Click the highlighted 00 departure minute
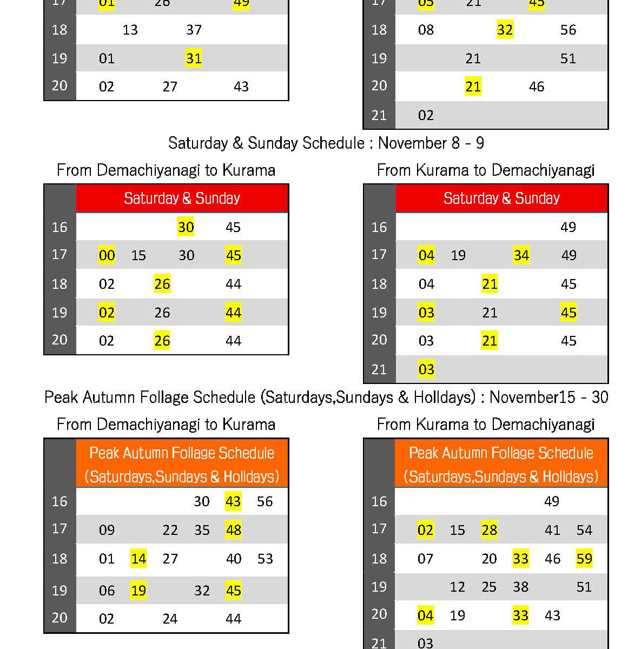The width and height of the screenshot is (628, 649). point(107,255)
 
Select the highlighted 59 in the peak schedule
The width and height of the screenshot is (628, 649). point(584,558)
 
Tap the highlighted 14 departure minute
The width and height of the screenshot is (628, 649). point(138,558)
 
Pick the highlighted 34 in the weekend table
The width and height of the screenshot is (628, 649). point(521,255)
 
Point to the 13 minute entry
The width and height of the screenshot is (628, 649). point(130,30)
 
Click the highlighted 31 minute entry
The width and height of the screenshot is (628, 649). point(194,58)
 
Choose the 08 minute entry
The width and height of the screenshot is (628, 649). point(426,30)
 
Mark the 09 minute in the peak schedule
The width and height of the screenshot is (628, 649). point(107,530)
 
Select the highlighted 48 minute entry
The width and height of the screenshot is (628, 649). point(234,530)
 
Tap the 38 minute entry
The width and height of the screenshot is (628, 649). point(520,587)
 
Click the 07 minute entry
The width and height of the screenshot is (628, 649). point(425,558)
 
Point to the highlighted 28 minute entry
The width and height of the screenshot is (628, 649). point(489,530)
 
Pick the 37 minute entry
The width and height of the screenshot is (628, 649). point(194,30)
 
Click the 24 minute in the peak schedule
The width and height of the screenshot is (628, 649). point(170,619)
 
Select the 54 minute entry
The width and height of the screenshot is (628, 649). point(584,530)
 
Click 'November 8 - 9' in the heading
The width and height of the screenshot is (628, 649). point(431,143)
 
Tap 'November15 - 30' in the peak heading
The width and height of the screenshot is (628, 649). point(548,398)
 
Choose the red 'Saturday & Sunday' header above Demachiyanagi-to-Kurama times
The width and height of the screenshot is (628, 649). point(182,198)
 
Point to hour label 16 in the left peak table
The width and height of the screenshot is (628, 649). point(60,501)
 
